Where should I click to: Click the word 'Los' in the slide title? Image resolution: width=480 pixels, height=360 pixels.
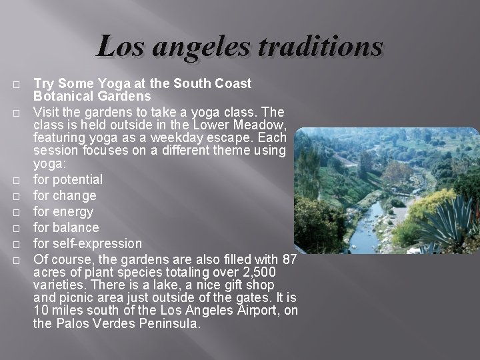(121, 47)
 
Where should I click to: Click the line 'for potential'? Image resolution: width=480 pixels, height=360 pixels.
(68, 179)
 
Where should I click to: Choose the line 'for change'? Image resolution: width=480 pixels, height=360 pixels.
(65, 195)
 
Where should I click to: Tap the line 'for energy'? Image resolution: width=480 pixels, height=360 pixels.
(63, 211)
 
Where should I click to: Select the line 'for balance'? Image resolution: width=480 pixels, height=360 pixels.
(66, 227)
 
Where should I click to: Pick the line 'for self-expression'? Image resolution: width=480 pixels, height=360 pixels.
(88, 243)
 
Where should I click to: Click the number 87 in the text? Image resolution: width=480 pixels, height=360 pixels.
(290, 259)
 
